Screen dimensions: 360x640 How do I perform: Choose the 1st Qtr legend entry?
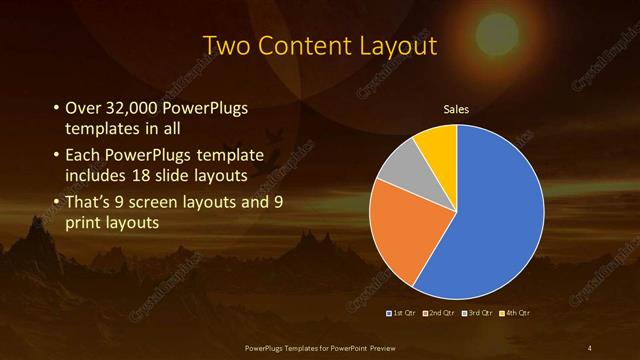pyautogui.click(x=403, y=314)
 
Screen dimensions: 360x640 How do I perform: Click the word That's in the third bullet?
pyautogui.click(x=90, y=202)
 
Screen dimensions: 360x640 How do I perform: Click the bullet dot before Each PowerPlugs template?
pyautogui.click(x=55, y=155)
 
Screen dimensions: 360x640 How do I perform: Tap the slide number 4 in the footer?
pyautogui.click(x=590, y=346)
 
